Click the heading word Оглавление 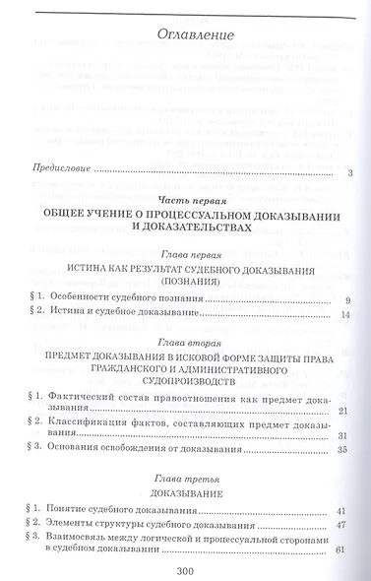coord(196,36)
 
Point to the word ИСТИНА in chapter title coord(97,270)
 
